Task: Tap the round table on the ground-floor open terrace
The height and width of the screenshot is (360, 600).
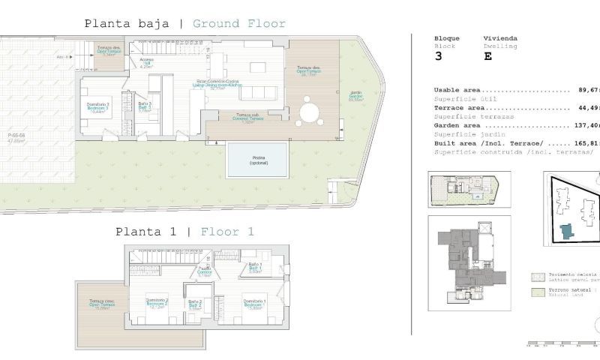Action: click(307, 113)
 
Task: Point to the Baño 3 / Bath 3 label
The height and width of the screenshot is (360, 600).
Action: click(145, 106)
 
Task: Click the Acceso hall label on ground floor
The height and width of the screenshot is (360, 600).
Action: click(147, 64)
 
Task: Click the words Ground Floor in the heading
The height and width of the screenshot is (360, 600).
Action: click(239, 23)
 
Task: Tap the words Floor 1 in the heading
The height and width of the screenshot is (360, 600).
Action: click(227, 232)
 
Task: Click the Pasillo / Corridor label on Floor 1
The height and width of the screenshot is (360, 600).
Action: click(204, 273)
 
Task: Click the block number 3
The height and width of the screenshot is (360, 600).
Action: click(439, 55)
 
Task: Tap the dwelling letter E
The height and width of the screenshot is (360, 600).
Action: click(488, 55)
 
